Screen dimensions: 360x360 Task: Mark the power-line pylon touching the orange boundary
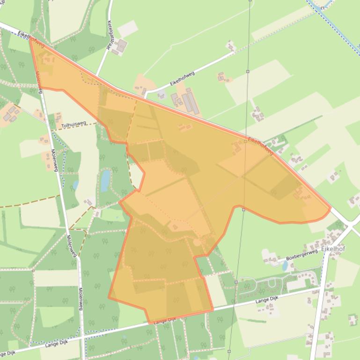[x=243, y=209]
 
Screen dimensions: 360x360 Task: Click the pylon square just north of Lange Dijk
[x=236, y=282]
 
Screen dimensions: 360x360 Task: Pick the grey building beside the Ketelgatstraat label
[x=121, y=46]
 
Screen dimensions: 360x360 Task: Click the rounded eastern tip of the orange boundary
[x=330, y=209]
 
